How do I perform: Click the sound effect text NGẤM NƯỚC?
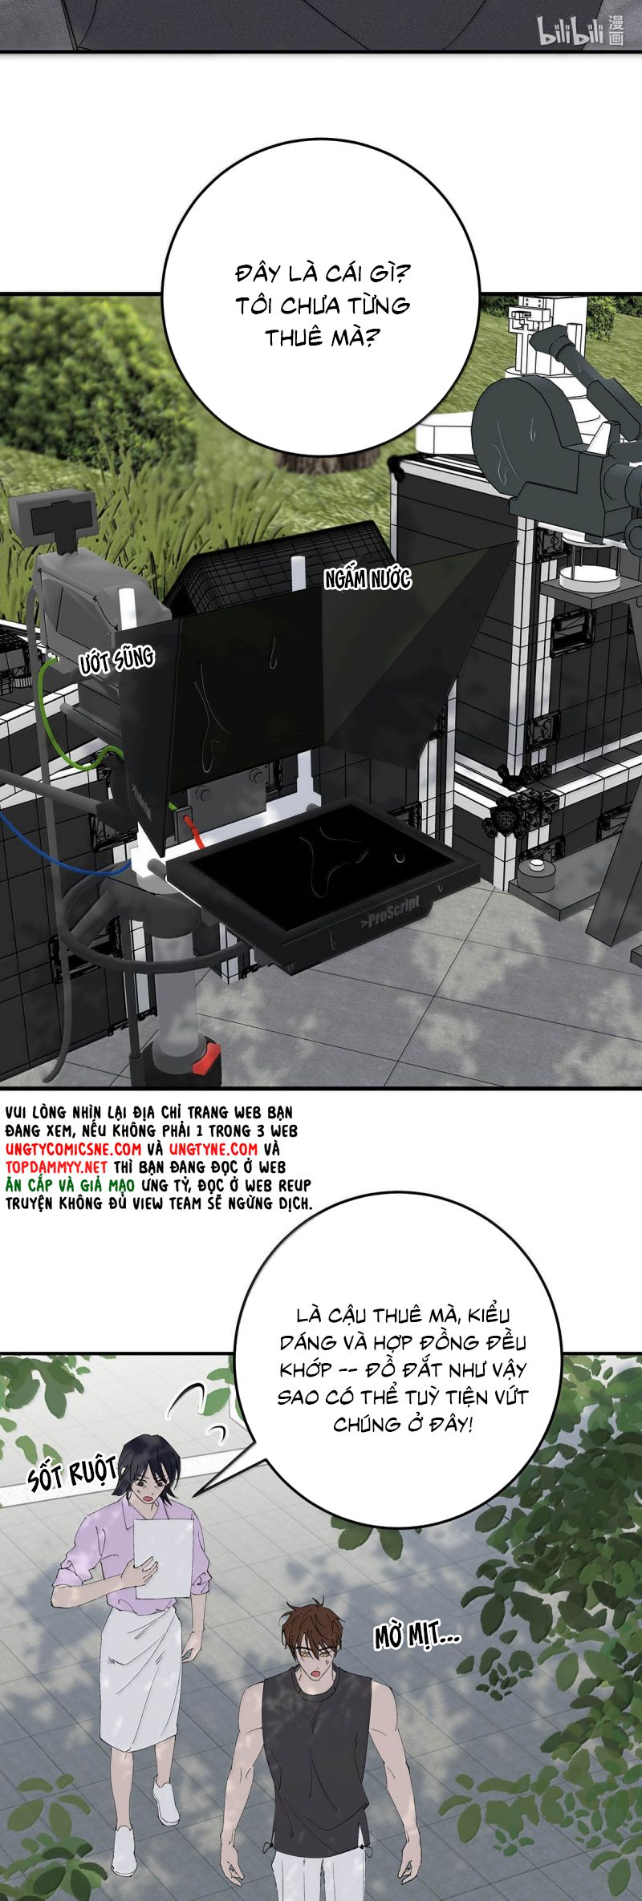coord(367,579)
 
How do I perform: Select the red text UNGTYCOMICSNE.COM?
coord(73,1149)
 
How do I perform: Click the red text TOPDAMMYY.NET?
coord(56,1167)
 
